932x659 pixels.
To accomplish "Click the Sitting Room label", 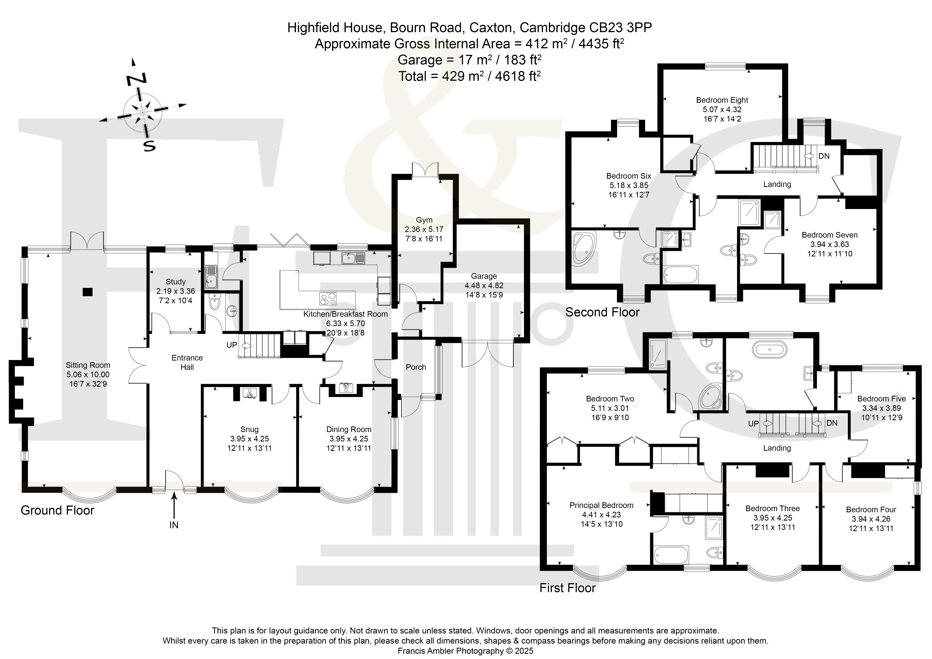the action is (x=88, y=365).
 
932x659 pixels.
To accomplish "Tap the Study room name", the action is (x=176, y=282).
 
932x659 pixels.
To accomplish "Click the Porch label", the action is (x=416, y=367).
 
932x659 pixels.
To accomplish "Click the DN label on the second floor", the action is (x=824, y=156).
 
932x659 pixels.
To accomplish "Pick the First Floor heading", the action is (x=568, y=588).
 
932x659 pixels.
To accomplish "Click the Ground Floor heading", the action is (x=58, y=510).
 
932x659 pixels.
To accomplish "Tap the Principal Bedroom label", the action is (x=602, y=505).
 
